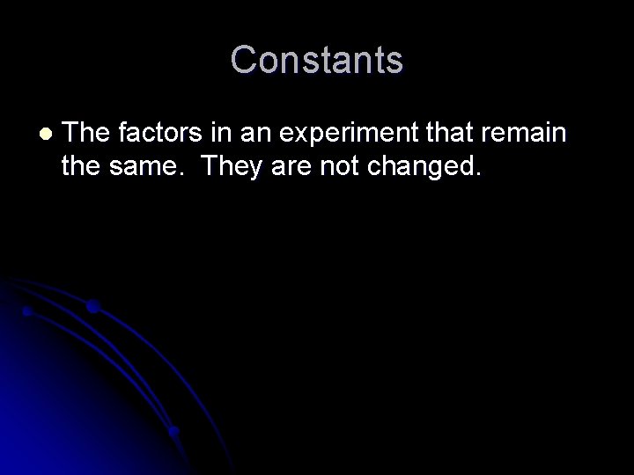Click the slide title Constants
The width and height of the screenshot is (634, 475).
click(x=317, y=61)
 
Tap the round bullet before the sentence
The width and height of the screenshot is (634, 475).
click(x=46, y=135)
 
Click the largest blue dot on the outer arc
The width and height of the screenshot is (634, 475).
click(x=93, y=307)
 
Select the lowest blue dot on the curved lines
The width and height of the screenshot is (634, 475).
click(x=174, y=431)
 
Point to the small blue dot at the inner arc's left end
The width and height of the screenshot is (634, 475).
click(x=28, y=311)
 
